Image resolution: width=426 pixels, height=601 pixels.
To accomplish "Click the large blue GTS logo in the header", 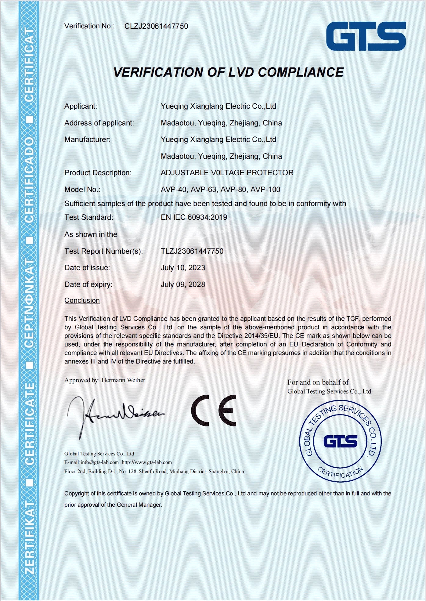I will [x=366, y=36].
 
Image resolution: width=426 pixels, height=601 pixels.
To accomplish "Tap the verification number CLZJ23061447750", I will [x=156, y=26].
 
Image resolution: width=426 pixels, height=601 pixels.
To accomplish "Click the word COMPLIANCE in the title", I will [x=301, y=72].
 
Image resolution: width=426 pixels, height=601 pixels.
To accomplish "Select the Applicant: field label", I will [x=81, y=106].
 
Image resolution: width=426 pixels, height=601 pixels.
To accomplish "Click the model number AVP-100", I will [x=265, y=190].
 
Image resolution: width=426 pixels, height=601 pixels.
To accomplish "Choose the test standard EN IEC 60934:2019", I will [x=194, y=217].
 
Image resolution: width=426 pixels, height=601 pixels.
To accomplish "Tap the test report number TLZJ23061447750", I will [x=192, y=251].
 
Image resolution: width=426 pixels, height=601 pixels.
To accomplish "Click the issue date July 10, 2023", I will [x=183, y=268].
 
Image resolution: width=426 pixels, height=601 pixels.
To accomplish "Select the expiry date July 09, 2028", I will [x=183, y=284].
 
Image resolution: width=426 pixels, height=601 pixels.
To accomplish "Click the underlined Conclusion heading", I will [x=82, y=300].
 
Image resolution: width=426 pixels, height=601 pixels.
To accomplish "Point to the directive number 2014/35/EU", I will [x=261, y=336].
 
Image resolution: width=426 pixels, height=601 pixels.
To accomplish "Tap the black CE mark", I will [x=214, y=411].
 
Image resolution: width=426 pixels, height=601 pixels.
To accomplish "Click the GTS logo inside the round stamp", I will [x=340, y=441].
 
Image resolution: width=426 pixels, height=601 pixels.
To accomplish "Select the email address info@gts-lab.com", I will [x=99, y=462].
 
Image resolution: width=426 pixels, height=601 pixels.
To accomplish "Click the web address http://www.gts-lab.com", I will [x=147, y=462].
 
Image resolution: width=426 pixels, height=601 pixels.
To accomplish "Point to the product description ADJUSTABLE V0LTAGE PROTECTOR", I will [x=227, y=173].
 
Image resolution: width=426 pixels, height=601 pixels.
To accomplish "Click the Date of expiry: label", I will [x=88, y=284].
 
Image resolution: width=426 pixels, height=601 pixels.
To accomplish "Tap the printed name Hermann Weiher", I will [x=123, y=380].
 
